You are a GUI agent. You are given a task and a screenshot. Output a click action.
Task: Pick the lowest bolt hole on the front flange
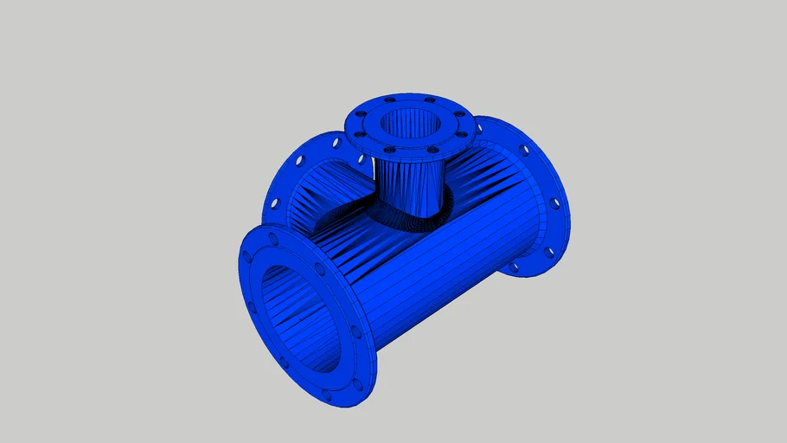[327, 395]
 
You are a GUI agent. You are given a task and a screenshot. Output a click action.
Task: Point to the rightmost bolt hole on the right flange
[554, 204]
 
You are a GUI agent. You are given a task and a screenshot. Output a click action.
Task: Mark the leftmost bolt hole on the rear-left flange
[276, 204]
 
